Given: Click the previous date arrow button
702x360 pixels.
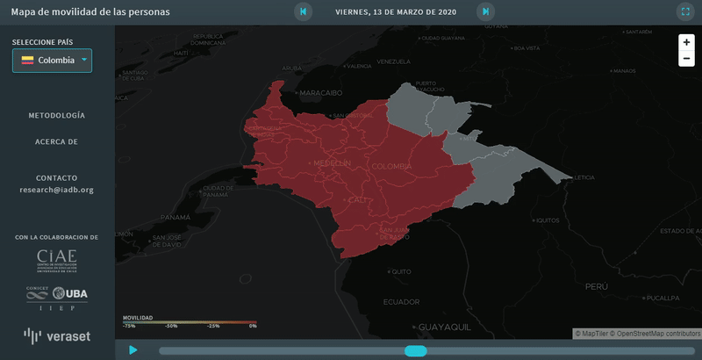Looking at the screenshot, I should click(304, 12).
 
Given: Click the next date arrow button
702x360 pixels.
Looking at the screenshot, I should click(485, 12).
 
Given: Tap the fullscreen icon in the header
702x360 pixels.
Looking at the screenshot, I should click(685, 12).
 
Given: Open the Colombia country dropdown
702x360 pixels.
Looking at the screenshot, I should click(52, 61).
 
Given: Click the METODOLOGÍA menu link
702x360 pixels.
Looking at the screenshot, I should click(57, 116).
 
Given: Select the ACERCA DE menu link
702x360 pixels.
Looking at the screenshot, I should click(57, 141).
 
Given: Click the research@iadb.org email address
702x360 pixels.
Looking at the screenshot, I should click(57, 190).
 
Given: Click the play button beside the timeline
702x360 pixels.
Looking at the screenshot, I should click(133, 350).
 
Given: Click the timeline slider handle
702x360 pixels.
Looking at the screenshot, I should click(415, 351).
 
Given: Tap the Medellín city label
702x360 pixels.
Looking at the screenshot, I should click(332, 163).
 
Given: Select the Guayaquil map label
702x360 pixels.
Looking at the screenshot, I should click(445, 327).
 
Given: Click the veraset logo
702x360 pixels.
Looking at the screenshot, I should click(57, 335).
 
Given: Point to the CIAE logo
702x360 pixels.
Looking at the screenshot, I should click(57, 260).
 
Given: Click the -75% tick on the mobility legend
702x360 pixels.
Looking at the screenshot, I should click(128, 326).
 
